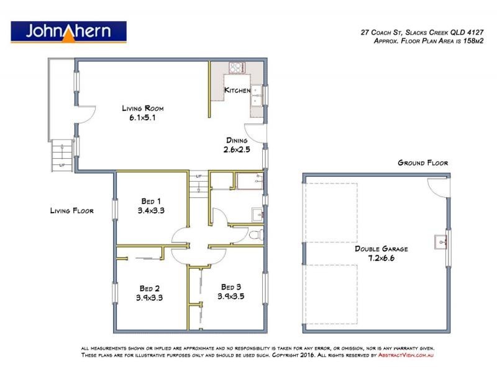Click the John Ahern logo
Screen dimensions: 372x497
point(69,32)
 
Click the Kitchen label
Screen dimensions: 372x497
point(237,91)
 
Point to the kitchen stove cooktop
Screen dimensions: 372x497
point(237,68)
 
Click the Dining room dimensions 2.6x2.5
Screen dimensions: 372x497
point(236,149)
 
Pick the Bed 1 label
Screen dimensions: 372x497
point(150,201)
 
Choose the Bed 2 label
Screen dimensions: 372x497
point(150,288)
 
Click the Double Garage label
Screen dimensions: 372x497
point(381,248)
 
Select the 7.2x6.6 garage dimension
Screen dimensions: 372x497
point(381,257)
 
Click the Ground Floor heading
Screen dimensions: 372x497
point(422,163)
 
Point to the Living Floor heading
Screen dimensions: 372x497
point(71,211)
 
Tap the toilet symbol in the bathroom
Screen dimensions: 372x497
point(256,235)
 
